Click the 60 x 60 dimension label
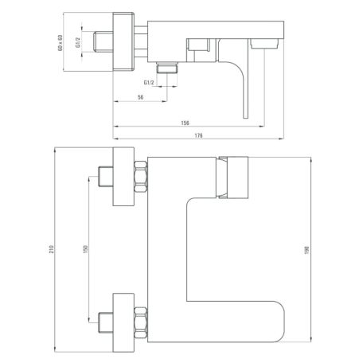tap(60, 42)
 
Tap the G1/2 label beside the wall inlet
tap(78, 42)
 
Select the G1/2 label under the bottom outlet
tap(149, 83)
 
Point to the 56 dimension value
tap(141, 97)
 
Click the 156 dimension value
tap(185, 123)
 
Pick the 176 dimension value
tap(198, 135)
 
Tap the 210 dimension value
tap(52, 249)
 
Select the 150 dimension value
tap(85, 249)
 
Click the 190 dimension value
tap(307, 250)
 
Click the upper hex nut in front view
tap(141, 177)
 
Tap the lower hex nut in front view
tap(141, 322)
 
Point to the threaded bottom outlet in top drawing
tap(167, 68)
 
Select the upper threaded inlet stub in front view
tap(106, 177)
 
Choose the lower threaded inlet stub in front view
tap(106, 322)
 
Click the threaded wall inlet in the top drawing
tap(103, 41)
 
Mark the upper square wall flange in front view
tap(123, 177)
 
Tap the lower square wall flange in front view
tap(123, 322)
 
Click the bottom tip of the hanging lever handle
tap(246, 118)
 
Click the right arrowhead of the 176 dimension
tap(281, 139)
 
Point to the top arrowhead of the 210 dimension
tap(54, 150)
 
